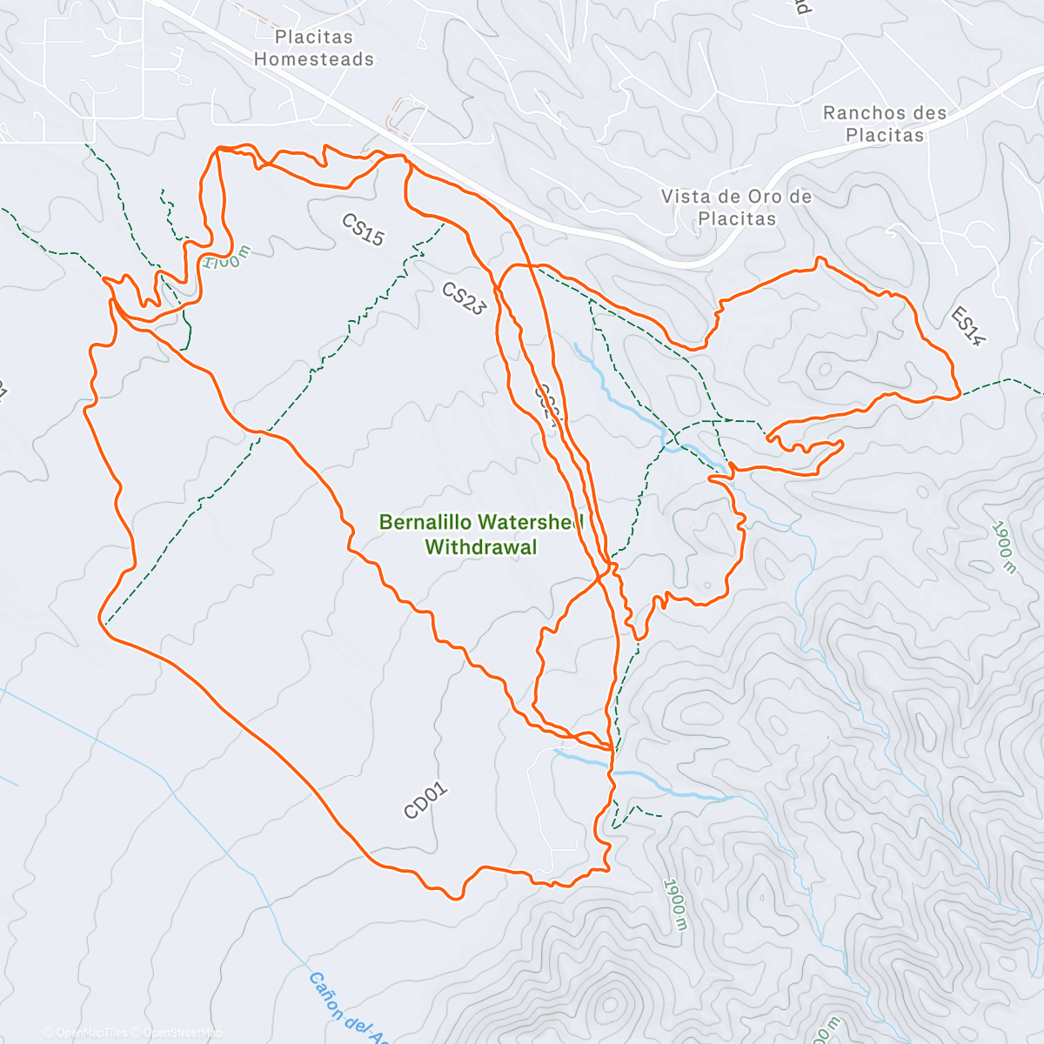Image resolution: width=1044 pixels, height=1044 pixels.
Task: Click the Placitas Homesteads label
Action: click(313, 49)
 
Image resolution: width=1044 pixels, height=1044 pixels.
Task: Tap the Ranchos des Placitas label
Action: click(885, 124)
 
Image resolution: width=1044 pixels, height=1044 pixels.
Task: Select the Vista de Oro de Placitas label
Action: click(736, 207)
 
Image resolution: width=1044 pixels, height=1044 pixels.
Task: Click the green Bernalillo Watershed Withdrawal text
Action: click(480, 534)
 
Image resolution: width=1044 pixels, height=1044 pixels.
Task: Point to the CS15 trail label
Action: click(363, 231)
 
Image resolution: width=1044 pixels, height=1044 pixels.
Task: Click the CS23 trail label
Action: click(463, 298)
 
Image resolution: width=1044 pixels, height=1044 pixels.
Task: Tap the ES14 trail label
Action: click(967, 326)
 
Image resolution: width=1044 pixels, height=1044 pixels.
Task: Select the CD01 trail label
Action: click(425, 800)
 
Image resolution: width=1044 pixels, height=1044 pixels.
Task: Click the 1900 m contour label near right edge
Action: click(1003, 548)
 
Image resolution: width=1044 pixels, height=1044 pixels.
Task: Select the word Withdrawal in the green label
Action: click(480, 547)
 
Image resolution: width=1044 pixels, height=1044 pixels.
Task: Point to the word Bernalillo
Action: click(425, 522)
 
